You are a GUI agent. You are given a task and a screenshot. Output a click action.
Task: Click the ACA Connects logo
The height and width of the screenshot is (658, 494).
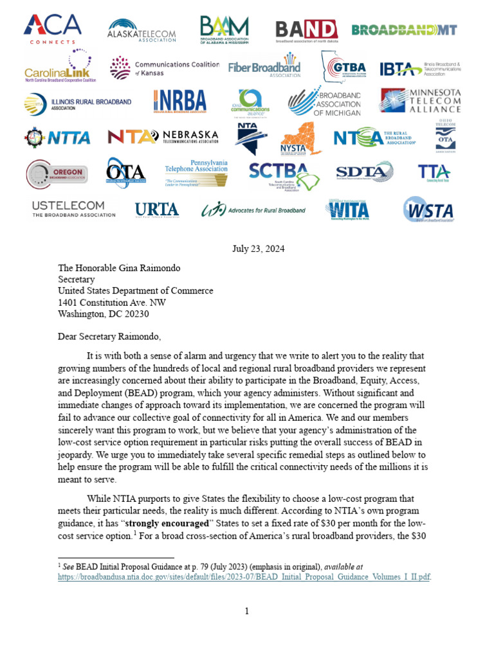[52, 28]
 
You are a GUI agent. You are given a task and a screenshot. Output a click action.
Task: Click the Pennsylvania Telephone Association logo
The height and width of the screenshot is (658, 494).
[196, 172]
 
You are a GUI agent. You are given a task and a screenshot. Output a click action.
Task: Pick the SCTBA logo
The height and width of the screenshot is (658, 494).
[284, 175]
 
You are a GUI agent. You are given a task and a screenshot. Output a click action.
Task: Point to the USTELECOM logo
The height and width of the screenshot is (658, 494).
[73, 209]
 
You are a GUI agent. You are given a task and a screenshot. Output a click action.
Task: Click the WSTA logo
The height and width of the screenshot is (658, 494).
[428, 209]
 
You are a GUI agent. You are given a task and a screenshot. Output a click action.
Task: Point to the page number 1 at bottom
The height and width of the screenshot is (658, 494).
[247, 611]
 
